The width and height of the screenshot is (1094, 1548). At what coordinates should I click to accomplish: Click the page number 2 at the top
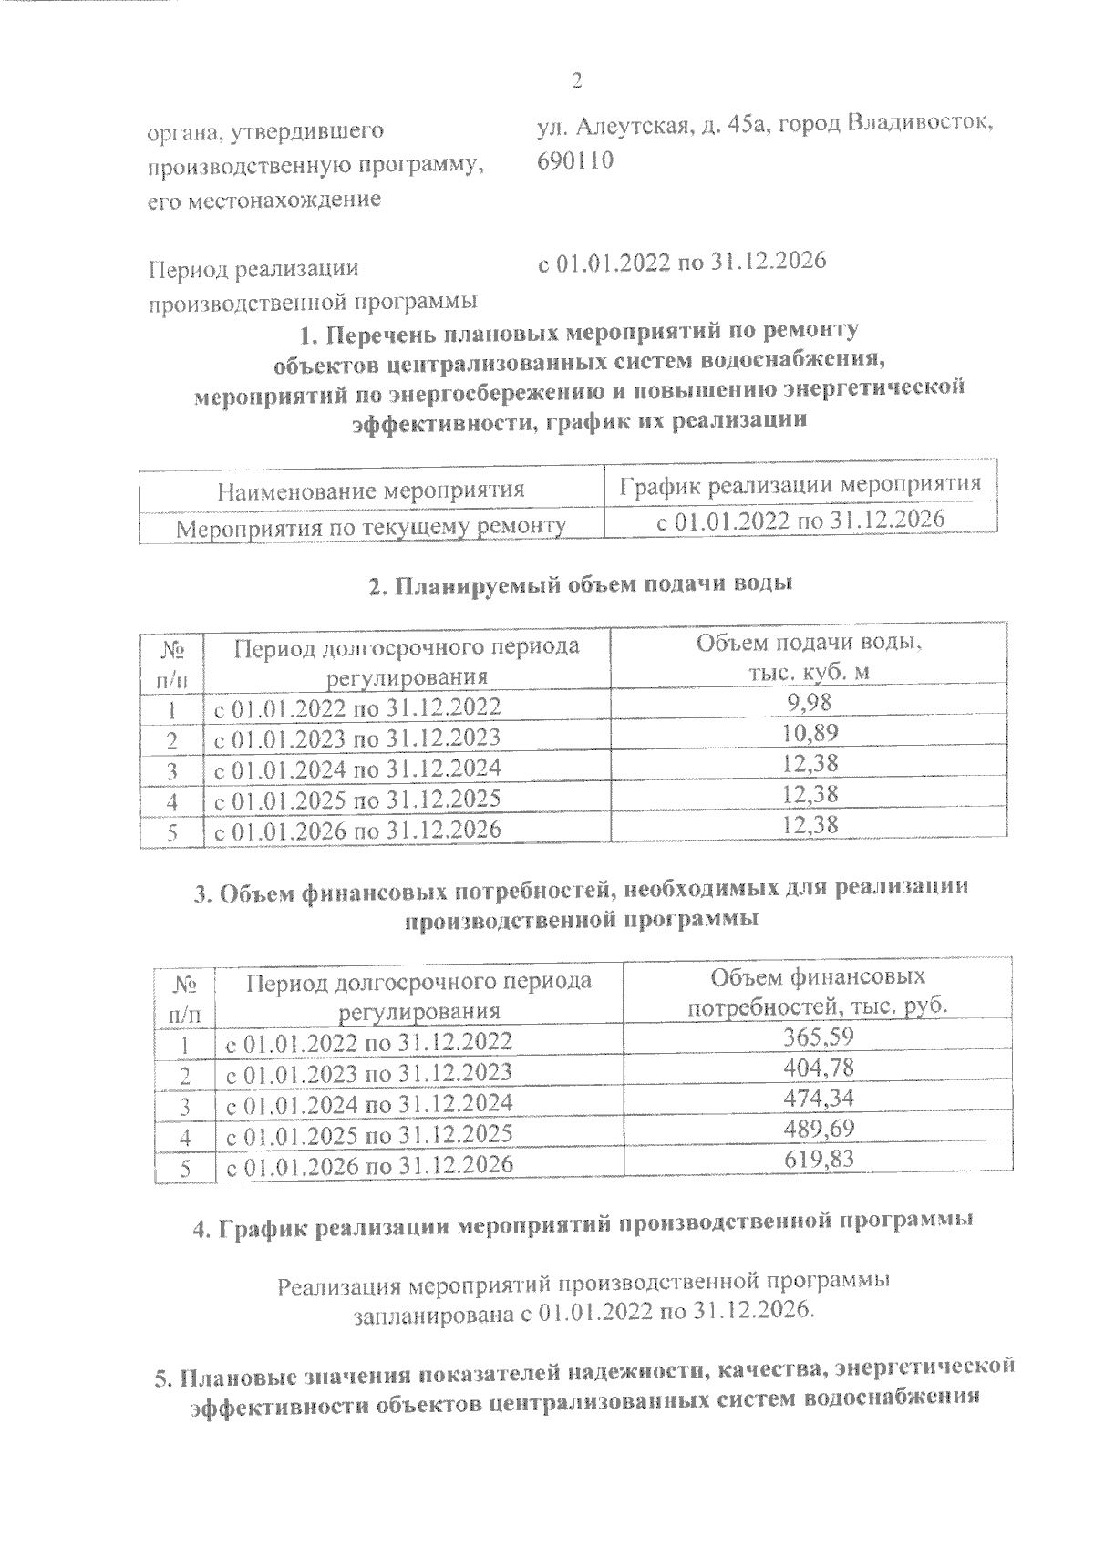click(576, 81)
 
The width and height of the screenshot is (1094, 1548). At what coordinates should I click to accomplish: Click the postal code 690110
click(576, 160)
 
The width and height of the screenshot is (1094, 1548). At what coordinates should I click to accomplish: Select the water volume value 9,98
click(810, 702)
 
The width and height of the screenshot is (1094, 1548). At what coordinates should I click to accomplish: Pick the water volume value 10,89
click(810, 732)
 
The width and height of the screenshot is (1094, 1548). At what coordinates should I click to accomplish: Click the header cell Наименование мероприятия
click(371, 490)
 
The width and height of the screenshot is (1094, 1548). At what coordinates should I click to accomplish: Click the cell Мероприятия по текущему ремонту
click(371, 526)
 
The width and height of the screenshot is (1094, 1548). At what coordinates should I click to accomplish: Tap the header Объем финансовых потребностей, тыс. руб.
click(818, 992)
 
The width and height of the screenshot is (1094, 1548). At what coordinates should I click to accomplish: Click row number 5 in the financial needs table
click(185, 1165)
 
